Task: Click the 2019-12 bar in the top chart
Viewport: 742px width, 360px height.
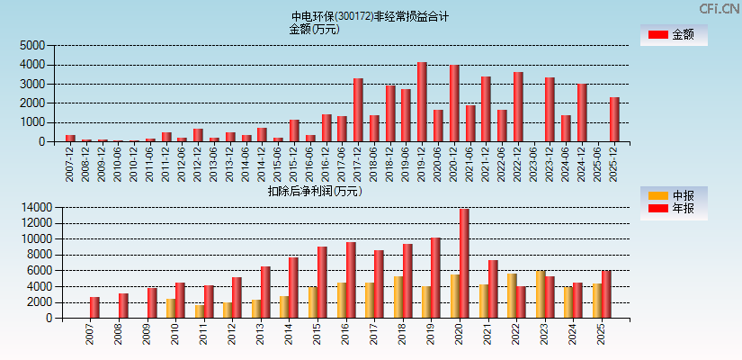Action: [422, 102]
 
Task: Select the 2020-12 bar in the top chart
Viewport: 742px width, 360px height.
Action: [454, 103]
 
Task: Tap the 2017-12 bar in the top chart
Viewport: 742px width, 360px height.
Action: [358, 110]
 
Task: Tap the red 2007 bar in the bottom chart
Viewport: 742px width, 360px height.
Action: [94, 308]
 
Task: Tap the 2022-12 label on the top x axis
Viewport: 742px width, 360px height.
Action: [518, 164]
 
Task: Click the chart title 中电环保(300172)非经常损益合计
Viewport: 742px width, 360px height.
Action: [370, 16]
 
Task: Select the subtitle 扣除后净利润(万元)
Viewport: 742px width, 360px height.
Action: [314, 191]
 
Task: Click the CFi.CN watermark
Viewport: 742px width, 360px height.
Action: [719, 9]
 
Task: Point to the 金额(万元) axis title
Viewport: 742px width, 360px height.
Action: [314, 29]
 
